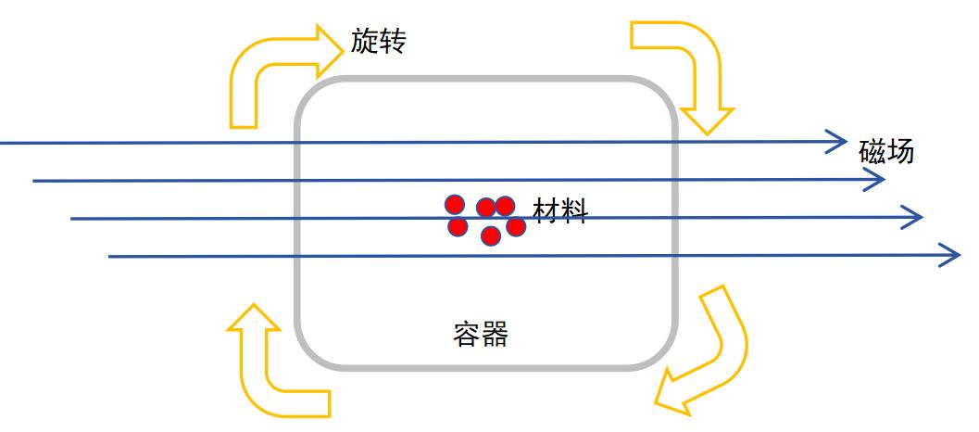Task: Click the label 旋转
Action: (x=378, y=41)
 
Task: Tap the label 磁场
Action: (x=886, y=149)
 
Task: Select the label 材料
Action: (x=559, y=210)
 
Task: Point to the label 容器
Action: (x=482, y=333)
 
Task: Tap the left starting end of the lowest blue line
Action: (x=110, y=256)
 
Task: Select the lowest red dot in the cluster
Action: (x=491, y=235)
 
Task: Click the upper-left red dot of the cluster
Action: (x=454, y=205)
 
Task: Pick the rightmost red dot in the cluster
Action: (x=516, y=225)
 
